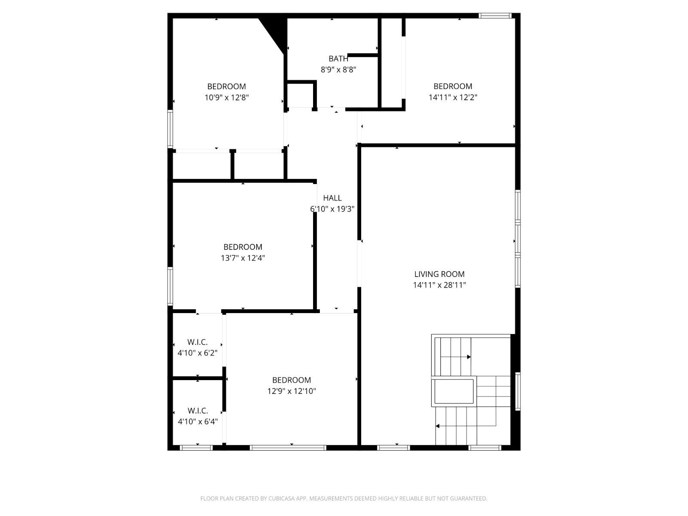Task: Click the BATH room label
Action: tap(338, 58)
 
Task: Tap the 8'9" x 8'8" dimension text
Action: tap(338, 69)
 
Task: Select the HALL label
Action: tap(332, 198)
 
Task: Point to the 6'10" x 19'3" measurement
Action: tap(332, 209)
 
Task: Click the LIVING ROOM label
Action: tap(439, 274)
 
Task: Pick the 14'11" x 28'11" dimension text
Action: tap(439, 285)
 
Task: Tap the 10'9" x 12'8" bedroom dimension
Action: tap(226, 98)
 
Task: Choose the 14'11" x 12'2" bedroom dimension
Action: tap(452, 97)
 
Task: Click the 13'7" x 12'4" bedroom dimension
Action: tap(243, 258)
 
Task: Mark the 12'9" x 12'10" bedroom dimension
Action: tap(291, 391)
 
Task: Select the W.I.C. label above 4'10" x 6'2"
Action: tap(197, 342)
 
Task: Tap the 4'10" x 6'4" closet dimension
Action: tap(197, 422)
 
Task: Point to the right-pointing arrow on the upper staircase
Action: tap(469, 357)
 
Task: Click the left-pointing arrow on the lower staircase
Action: tap(437, 426)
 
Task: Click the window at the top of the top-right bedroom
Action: tap(495, 16)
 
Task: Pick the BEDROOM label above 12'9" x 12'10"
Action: tap(291, 380)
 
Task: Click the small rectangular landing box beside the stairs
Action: tap(453, 391)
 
